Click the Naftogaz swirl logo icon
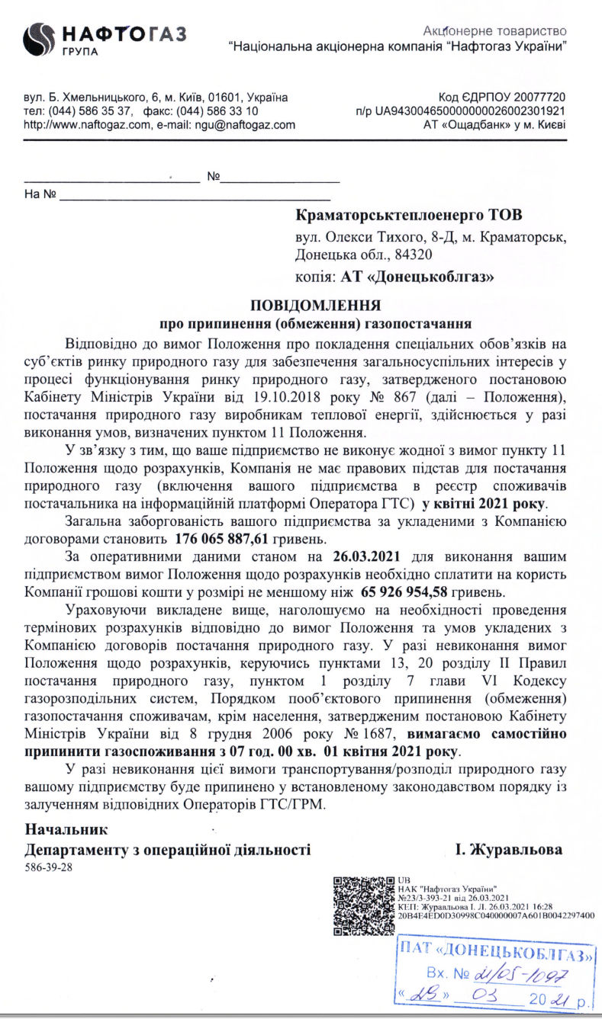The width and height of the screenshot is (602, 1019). pyautogui.click(x=39, y=39)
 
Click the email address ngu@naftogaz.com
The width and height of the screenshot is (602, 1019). pyautogui.click(x=245, y=124)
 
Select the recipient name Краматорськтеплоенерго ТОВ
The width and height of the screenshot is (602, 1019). pyautogui.click(x=410, y=215)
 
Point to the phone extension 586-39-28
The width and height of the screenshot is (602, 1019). pyautogui.click(x=49, y=867)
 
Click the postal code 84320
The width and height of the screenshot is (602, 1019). pyautogui.click(x=415, y=255)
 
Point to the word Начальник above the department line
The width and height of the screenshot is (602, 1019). pyautogui.click(x=67, y=829)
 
